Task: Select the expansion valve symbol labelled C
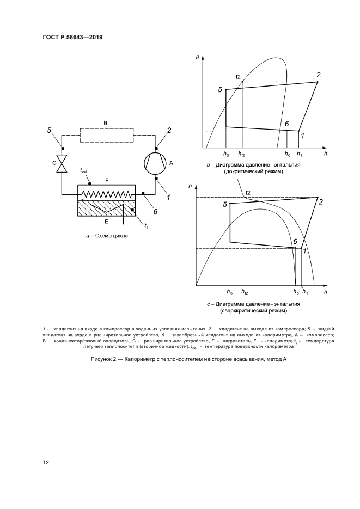click(62, 163)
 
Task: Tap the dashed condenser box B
click(107, 134)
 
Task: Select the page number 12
click(46, 462)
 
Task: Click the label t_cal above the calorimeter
click(84, 171)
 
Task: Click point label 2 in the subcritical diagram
click(319, 75)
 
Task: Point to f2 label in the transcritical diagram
click(248, 193)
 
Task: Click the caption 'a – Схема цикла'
click(103, 236)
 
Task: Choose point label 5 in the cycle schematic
click(50, 131)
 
